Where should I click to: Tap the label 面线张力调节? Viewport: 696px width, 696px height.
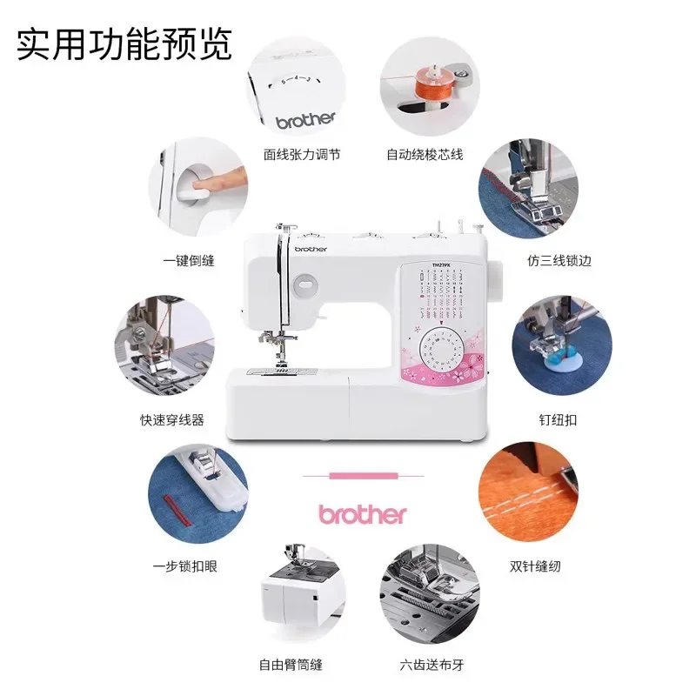point(302,155)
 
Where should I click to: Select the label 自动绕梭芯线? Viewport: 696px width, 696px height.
point(425,155)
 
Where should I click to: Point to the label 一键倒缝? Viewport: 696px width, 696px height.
point(189,260)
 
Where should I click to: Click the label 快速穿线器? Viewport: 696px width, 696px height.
point(172,419)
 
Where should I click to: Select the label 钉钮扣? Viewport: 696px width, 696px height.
point(558,419)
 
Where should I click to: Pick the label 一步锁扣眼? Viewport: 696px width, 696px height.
point(184,566)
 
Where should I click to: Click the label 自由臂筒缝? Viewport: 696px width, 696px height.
point(291,665)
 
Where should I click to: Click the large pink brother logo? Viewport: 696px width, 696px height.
point(362,514)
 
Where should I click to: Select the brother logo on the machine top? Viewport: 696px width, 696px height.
point(310,249)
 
